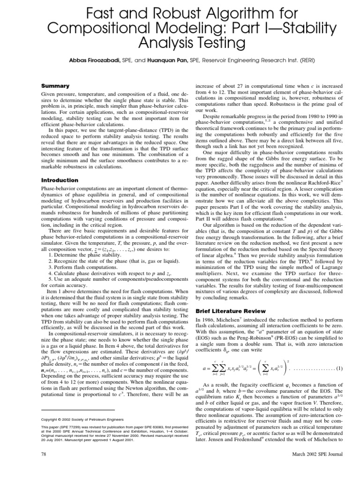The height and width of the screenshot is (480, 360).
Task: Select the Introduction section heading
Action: pyautogui.click(x=60, y=180)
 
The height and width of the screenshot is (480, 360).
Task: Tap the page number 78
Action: pyautogui.click(x=45, y=454)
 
